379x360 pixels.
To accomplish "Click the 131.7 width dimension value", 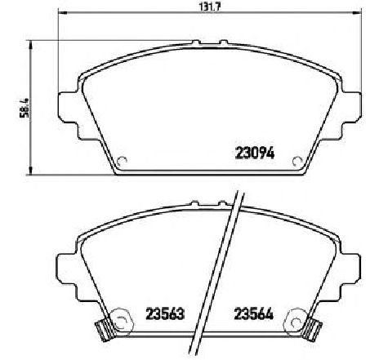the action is [x=209, y=7].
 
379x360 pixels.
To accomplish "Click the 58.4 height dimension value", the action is [x=24, y=108].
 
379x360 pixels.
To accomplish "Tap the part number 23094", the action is [x=255, y=153].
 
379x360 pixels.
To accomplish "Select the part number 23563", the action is [x=165, y=313].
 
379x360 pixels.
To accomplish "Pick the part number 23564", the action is [x=253, y=313].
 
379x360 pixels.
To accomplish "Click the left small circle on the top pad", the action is [x=122, y=162].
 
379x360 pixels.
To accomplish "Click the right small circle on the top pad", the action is [x=297, y=162].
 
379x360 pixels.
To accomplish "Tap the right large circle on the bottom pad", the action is [x=297, y=320].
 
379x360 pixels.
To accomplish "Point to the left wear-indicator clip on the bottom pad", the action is [x=105, y=329].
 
